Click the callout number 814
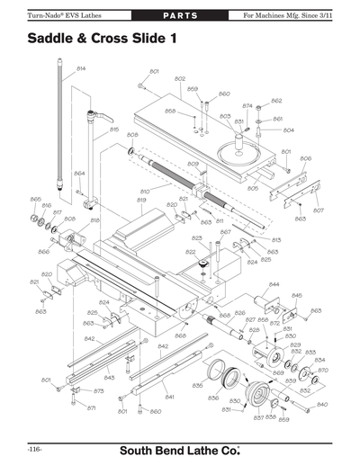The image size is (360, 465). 81,69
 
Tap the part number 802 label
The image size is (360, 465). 180,79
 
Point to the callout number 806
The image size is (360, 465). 305,158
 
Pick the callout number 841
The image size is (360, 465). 170,396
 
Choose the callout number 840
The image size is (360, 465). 322,404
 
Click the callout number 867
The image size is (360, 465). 226,232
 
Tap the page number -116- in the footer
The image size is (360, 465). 34,447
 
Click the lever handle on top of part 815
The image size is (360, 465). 101,114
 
